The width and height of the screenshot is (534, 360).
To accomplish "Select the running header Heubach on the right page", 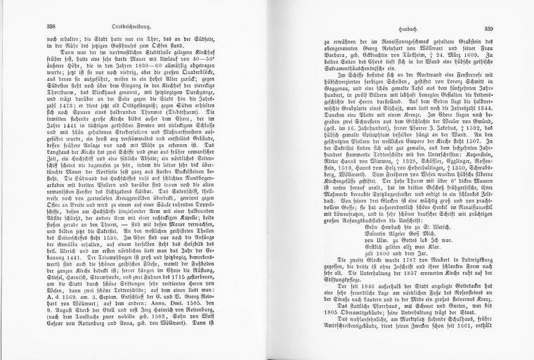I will pyautogui.click(x=388, y=25).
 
